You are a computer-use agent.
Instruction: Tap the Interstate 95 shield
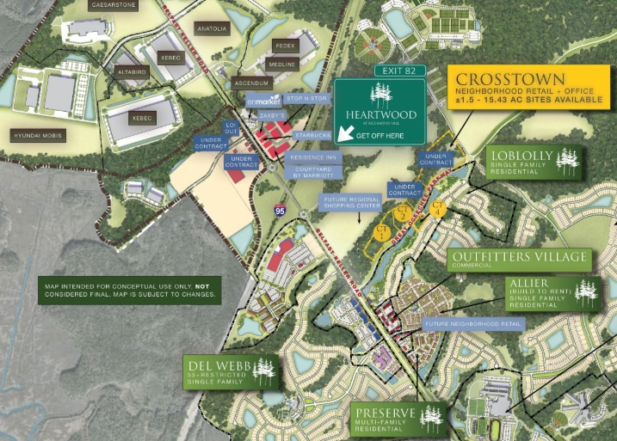[x=281, y=209]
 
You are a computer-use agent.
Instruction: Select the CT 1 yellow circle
[x=382, y=231]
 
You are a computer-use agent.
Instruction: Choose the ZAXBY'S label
[x=271, y=115]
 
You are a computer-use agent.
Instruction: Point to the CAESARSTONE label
[x=113, y=4]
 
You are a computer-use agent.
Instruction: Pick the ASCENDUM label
[x=251, y=83]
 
